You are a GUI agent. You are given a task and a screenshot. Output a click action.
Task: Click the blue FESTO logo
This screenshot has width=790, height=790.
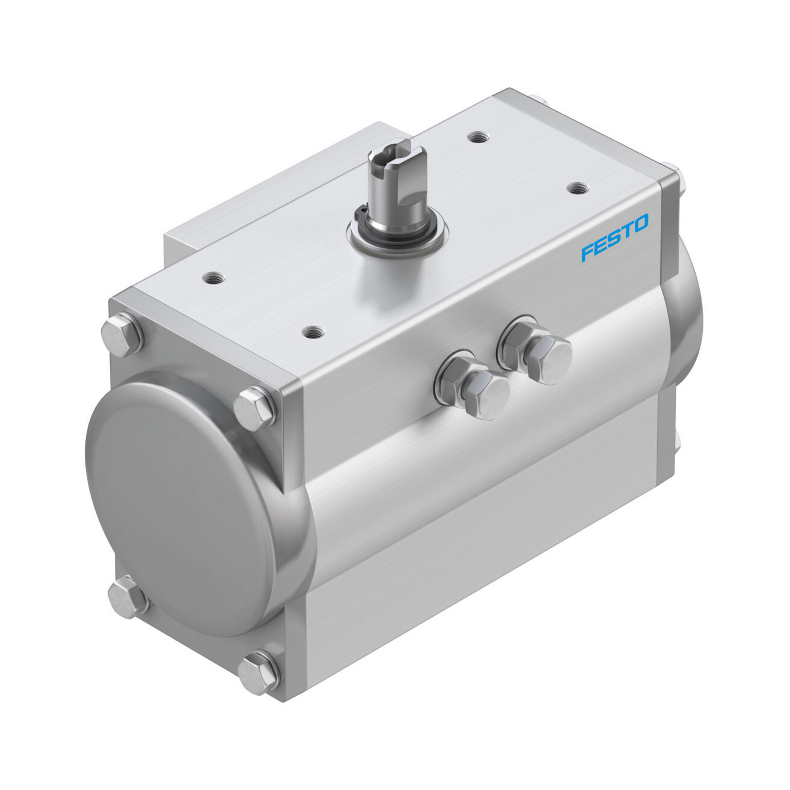click(614, 237)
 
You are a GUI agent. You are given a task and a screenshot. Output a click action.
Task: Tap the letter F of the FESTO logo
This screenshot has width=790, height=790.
click(587, 251)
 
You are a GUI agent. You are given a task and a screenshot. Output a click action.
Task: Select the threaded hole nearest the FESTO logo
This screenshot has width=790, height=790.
click(578, 188)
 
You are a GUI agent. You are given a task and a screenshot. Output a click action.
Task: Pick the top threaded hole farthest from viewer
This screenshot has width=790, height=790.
click(477, 136)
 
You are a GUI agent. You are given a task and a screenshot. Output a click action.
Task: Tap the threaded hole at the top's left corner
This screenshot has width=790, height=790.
click(213, 278)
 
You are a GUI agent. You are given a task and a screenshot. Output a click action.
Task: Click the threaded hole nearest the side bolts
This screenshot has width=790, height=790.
click(314, 331)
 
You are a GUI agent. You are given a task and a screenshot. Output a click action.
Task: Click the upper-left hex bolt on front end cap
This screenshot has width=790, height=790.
click(122, 334)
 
